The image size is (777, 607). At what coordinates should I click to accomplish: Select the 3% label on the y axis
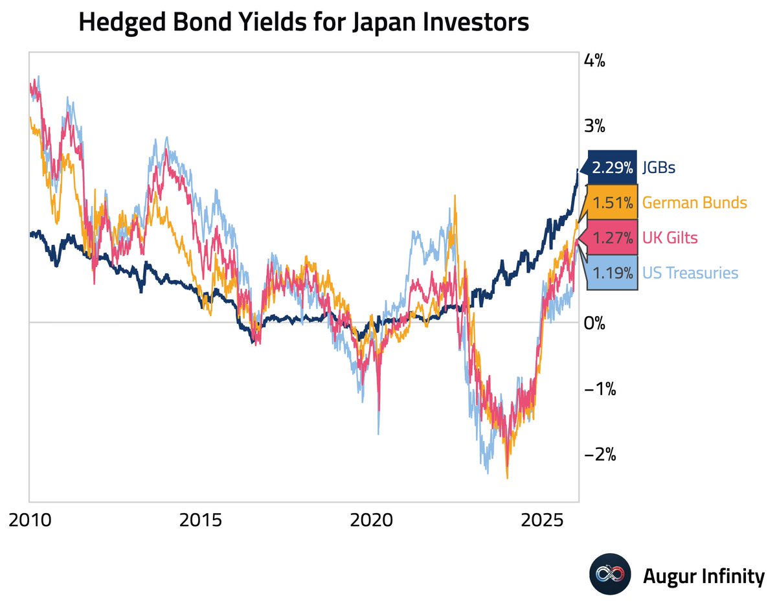click(x=594, y=126)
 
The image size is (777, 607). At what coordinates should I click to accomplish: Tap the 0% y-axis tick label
click(x=594, y=323)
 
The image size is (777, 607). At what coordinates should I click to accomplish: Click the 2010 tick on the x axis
click(x=30, y=520)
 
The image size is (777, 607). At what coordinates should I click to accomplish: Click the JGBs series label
click(x=659, y=168)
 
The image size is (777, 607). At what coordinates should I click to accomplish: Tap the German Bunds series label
click(x=694, y=203)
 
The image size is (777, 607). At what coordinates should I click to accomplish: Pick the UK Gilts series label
click(x=670, y=238)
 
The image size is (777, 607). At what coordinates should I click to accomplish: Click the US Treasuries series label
click(x=690, y=273)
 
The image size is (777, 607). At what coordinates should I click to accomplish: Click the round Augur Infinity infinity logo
click(x=610, y=574)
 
